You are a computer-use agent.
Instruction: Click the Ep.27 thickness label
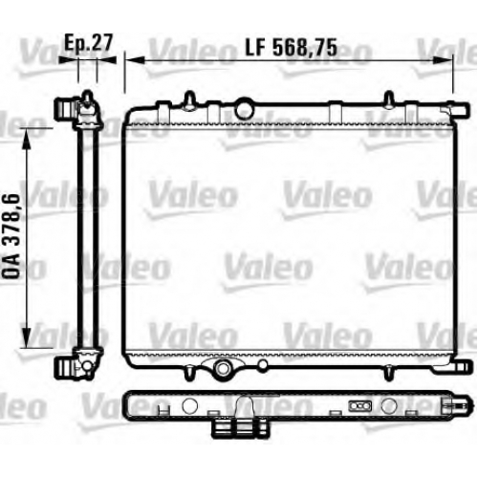coord(88,43)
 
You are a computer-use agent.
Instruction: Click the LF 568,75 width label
coord(291,48)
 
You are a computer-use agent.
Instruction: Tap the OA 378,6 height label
coord(11,236)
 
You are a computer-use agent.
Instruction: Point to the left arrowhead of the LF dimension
coord(135,60)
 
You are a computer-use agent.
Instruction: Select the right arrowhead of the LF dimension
coord(443,60)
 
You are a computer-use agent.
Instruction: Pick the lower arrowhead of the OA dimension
coord(27,337)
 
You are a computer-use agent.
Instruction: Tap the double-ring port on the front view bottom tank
coord(223,368)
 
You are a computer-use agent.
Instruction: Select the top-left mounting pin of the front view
coord(190,99)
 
